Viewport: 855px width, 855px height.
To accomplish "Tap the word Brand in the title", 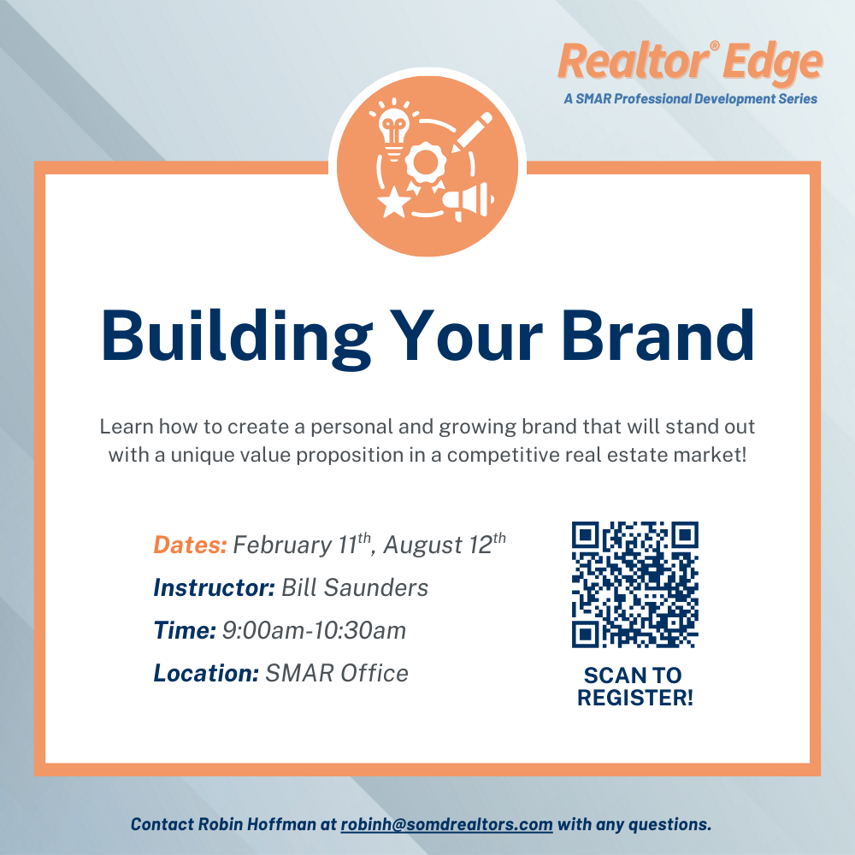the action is coord(657,335).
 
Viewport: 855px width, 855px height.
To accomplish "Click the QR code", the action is coord(635,585).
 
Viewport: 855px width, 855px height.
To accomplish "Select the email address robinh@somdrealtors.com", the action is coord(446,824).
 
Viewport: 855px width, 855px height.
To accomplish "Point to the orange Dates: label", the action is coord(190,545).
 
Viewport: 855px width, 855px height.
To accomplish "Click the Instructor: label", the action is coord(215,587).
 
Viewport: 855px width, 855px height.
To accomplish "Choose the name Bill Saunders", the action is coord(355,587).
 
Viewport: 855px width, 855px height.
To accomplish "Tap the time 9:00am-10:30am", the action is coord(314,630).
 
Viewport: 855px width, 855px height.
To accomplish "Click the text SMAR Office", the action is coord(336,673).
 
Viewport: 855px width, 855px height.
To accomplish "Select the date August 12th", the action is coord(445,544).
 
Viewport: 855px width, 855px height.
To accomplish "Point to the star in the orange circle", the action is coord(393,203).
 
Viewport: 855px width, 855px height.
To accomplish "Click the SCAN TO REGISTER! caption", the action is coord(634,687).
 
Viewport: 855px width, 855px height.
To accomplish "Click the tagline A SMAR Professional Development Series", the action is coord(690,98).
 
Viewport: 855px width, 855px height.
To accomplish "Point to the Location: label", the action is coord(206,673).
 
